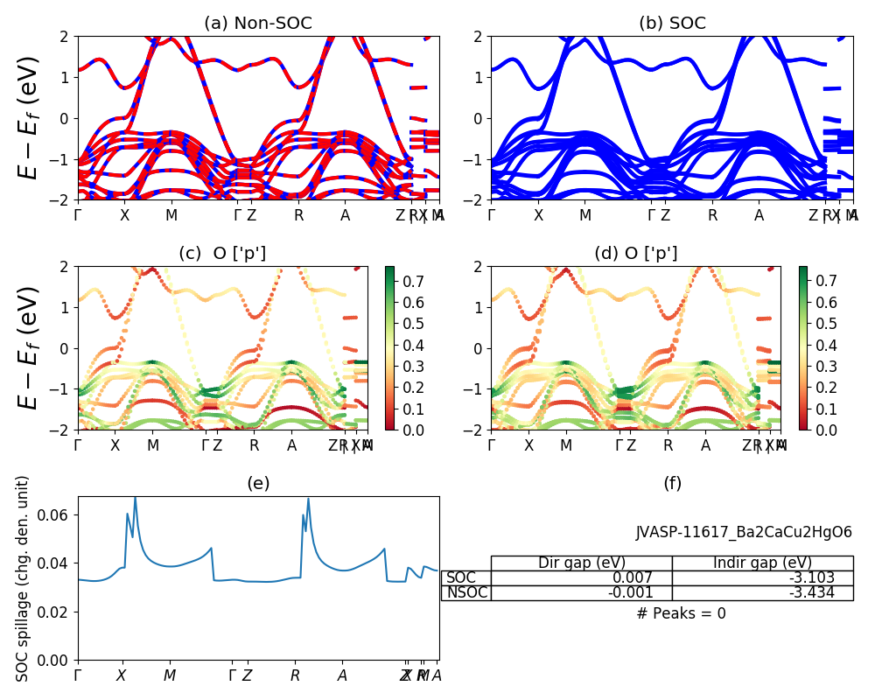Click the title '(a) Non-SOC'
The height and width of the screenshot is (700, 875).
click(257, 24)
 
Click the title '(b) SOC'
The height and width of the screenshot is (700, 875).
click(672, 24)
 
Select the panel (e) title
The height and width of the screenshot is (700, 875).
click(258, 483)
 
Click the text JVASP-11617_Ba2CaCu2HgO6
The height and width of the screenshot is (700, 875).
click(744, 532)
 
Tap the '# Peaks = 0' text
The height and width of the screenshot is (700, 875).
click(681, 613)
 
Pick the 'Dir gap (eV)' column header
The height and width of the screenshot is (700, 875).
click(581, 563)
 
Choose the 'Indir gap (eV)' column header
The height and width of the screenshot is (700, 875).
click(762, 563)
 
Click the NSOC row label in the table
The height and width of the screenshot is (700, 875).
click(465, 592)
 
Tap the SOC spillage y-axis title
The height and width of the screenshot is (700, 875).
click(23, 578)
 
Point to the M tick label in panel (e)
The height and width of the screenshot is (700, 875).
click(170, 675)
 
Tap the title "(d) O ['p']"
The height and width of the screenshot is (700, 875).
click(636, 254)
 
